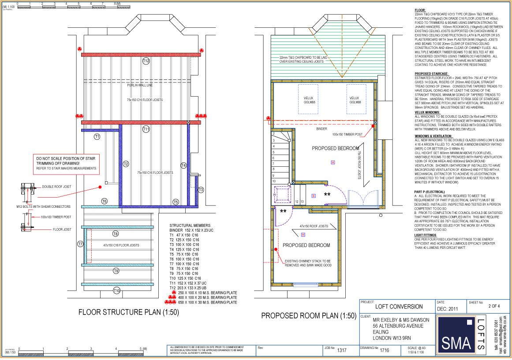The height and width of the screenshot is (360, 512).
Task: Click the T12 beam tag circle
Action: [x=146, y=60]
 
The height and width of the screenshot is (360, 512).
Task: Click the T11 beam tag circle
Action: [x=146, y=128]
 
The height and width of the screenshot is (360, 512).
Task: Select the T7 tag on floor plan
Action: [x=81, y=244]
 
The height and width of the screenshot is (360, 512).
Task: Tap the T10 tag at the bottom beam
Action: [x=116, y=290]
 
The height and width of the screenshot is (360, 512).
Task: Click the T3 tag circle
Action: [x=201, y=190]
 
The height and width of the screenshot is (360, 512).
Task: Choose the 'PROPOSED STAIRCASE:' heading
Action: [x=432, y=74]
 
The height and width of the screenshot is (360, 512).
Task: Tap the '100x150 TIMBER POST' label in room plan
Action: [x=347, y=134]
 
